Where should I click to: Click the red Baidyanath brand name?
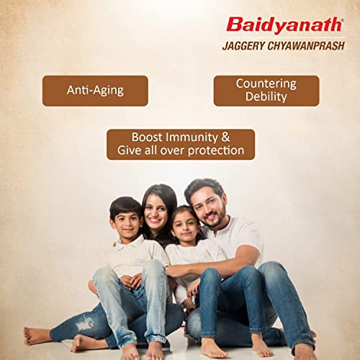click(286, 25)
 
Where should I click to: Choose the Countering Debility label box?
click(266, 91)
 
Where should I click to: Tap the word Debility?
click(266, 98)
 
